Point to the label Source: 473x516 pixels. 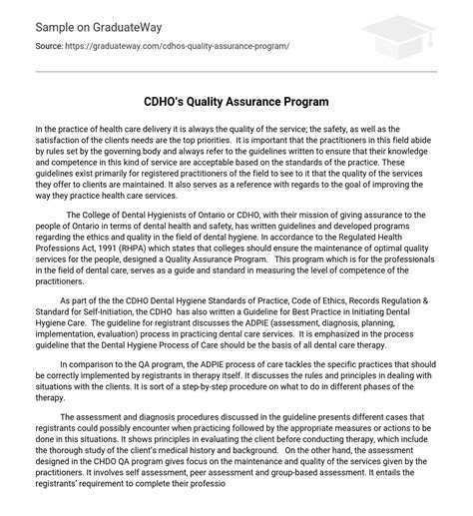[x=50, y=46]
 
